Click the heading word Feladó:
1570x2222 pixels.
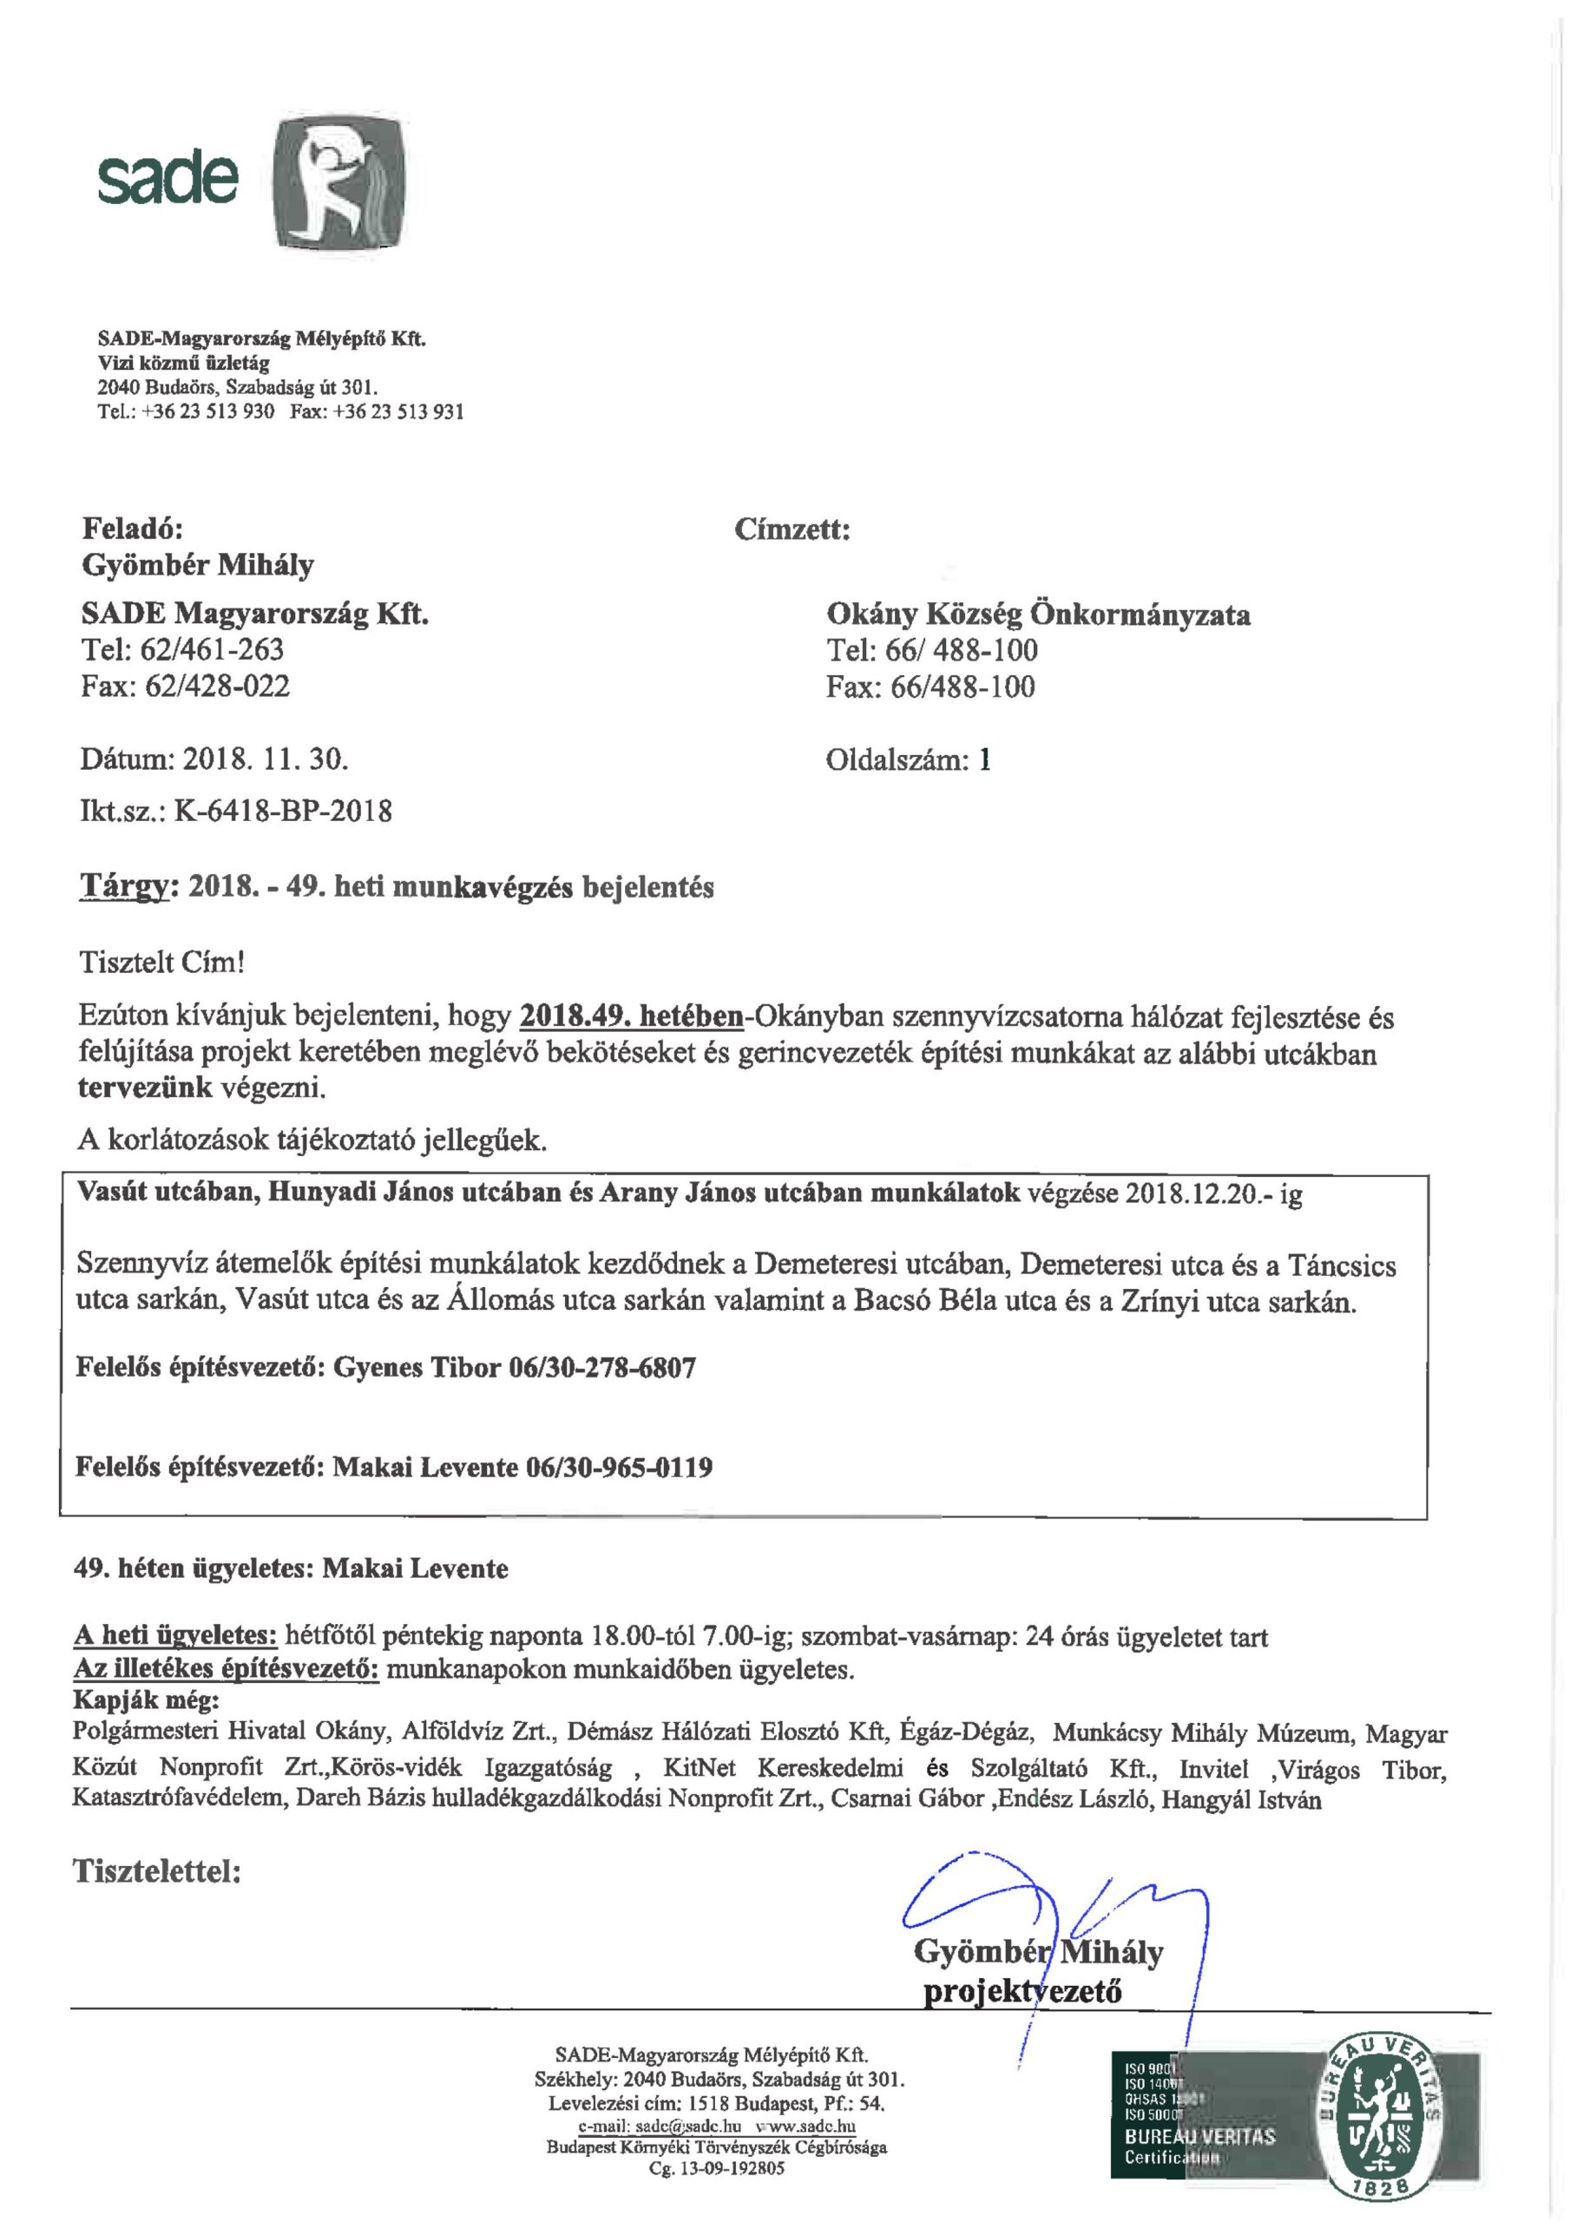point(132,529)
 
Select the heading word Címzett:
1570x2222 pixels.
point(792,529)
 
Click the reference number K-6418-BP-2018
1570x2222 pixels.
point(283,810)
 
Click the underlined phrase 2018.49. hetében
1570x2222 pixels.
point(631,1017)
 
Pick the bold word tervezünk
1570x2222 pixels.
point(144,1088)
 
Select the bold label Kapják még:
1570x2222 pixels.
point(146,1699)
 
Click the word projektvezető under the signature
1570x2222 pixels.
point(1022,1992)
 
